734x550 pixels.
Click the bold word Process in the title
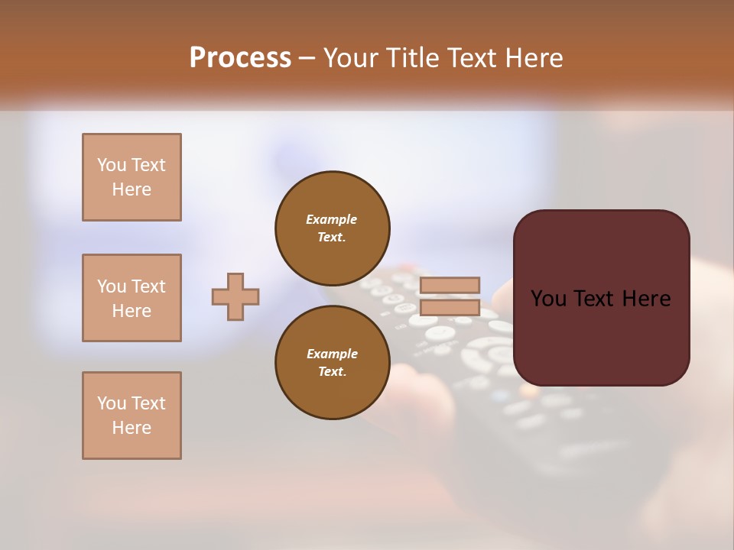coord(240,58)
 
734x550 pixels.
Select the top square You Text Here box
coord(132,177)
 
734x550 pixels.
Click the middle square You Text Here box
coord(132,298)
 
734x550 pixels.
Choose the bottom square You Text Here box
coord(132,416)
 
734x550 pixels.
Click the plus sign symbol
coord(235,296)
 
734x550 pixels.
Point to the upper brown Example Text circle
coord(332,228)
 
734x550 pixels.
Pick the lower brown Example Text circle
coord(332,363)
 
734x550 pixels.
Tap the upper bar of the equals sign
coord(450,285)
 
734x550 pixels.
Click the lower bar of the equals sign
coord(450,308)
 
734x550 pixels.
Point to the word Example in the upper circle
coord(332,219)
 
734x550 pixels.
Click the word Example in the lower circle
coord(332,354)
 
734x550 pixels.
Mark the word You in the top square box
coord(111,165)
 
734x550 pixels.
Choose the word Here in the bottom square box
coord(132,428)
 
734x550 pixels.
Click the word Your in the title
coord(351,58)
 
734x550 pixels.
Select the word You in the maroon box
coord(548,299)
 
